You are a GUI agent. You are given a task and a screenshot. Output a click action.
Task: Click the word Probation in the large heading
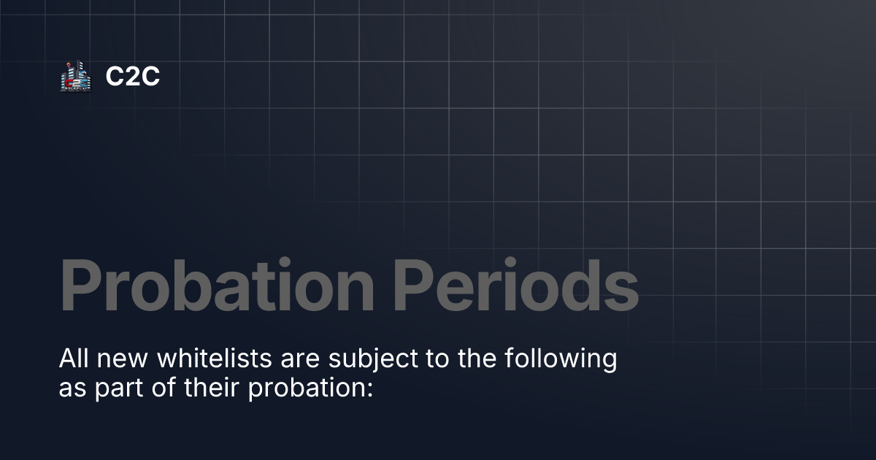coord(216,285)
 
